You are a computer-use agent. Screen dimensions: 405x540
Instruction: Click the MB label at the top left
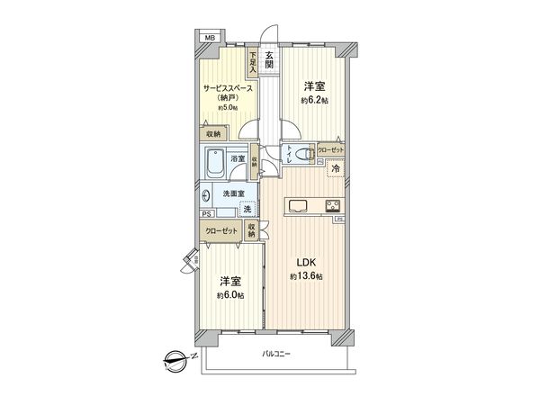pyautogui.click(x=209, y=37)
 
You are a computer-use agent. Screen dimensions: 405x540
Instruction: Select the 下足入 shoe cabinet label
pyautogui.click(x=255, y=61)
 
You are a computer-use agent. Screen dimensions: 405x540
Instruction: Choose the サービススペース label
pyautogui.click(x=224, y=87)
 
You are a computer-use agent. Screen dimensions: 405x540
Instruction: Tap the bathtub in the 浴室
pyautogui.click(x=215, y=164)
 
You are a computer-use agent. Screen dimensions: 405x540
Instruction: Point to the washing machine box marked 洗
pyautogui.click(x=247, y=209)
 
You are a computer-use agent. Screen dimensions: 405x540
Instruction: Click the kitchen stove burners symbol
pyautogui.click(x=331, y=204)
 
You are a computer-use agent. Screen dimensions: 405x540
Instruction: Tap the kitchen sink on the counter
pyautogui.click(x=298, y=206)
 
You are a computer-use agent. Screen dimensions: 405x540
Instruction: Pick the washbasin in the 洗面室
pyautogui.click(x=208, y=193)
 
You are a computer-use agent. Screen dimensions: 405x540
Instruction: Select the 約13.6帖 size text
pyautogui.click(x=307, y=276)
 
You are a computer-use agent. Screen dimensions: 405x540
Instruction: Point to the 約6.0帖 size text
pyautogui.click(x=229, y=293)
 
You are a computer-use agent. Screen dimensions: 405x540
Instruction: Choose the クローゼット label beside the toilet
pyautogui.click(x=330, y=150)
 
